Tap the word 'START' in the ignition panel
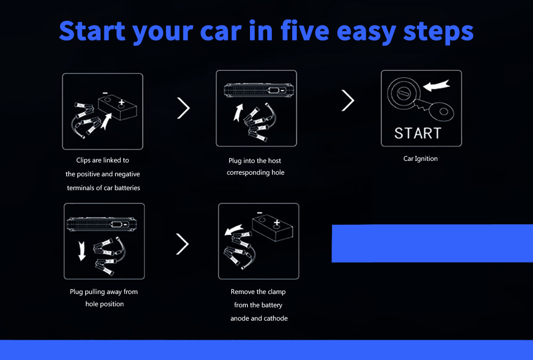418,133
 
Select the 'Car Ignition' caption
421,159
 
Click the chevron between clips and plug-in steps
183,108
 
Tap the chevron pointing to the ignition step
348,101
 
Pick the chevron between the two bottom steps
182,244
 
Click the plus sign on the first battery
122,102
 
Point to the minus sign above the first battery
106,93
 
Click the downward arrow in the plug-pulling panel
82,251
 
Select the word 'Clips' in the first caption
83,160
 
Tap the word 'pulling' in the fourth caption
95,292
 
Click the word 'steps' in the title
439,31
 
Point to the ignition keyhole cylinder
403,93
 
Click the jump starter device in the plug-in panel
259,90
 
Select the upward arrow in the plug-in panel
238,112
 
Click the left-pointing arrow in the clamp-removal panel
234,230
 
